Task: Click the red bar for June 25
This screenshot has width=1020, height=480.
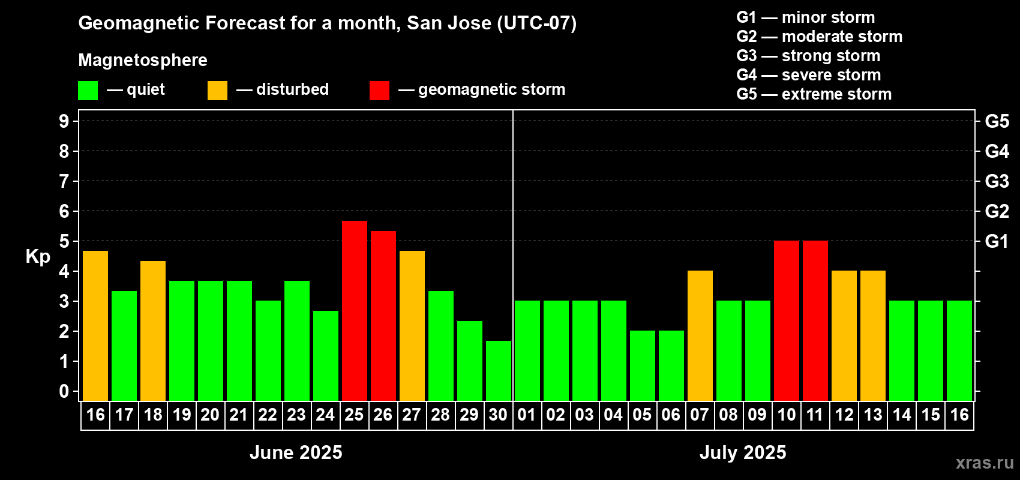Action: (x=354, y=311)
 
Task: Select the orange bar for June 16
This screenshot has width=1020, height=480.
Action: (x=95, y=326)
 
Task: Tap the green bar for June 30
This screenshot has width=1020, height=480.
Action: (x=499, y=371)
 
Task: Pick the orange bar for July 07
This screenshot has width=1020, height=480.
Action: (x=700, y=335)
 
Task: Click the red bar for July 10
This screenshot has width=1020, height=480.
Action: (x=787, y=320)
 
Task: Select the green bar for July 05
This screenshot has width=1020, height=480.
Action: (x=643, y=365)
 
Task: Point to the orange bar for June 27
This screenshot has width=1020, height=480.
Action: (x=412, y=326)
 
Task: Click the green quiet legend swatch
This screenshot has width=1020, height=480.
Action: (x=88, y=90)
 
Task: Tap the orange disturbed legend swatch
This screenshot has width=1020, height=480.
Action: (x=217, y=90)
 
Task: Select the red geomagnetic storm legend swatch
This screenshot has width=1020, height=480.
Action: (x=379, y=90)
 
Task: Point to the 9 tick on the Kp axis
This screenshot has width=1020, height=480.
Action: (x=64, y=121)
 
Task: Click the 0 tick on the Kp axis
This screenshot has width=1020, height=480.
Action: (x=64, y=391)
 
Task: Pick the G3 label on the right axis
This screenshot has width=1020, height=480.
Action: (x=997, y=181)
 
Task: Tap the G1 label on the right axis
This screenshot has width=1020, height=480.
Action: (x=997, y=241)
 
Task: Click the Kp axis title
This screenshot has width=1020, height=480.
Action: (x=38, y=257)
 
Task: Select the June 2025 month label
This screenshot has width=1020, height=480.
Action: (x=296, y=452)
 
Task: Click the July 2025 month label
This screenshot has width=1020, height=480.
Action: (x=743, y=452)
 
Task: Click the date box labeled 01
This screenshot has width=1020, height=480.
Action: (x=527, y=415)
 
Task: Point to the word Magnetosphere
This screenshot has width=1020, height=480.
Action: (x=143, y=60)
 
